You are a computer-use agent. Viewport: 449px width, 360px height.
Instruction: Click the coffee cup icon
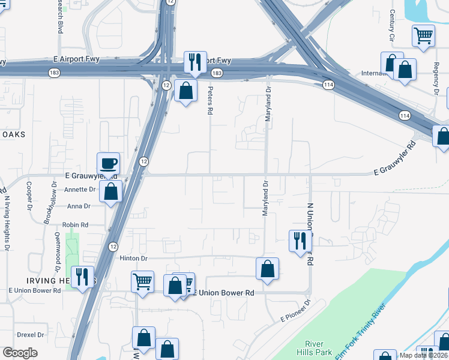108,163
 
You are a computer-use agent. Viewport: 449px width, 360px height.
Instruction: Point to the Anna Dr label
79,206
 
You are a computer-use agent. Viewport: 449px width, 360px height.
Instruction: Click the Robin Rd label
76,224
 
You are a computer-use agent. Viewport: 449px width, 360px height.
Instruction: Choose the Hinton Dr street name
133,257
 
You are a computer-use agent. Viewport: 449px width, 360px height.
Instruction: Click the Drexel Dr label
31,335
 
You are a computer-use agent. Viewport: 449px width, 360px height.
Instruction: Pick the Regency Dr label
436,77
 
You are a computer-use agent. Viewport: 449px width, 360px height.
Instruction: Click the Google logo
20,353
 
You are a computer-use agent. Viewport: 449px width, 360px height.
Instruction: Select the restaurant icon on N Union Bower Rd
300,241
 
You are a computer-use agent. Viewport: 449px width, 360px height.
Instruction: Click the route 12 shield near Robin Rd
113,247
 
